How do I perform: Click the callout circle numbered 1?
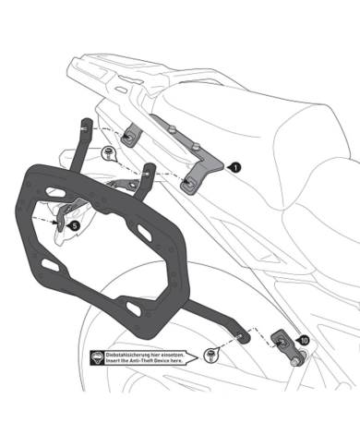click(x=236, y=167)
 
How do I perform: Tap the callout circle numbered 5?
click(x=75, y=224)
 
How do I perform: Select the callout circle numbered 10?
click(x=302, y=341)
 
